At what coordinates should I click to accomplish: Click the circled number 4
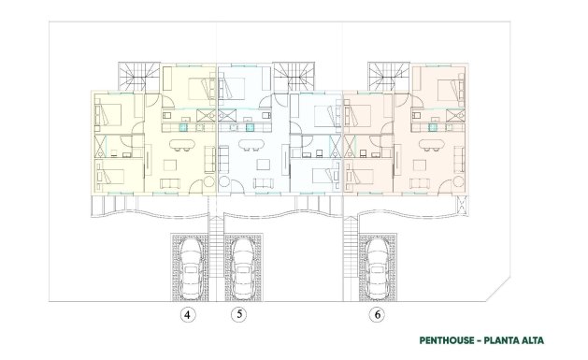[x=189, y=314]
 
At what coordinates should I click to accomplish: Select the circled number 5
[x=241, y=314]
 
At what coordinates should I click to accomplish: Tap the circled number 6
[x=376, y=314]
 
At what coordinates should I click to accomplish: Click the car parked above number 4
[x=191, y=265]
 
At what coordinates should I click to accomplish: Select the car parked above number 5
[x=241, y=265]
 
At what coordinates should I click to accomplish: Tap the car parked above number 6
[x=377, y=265]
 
